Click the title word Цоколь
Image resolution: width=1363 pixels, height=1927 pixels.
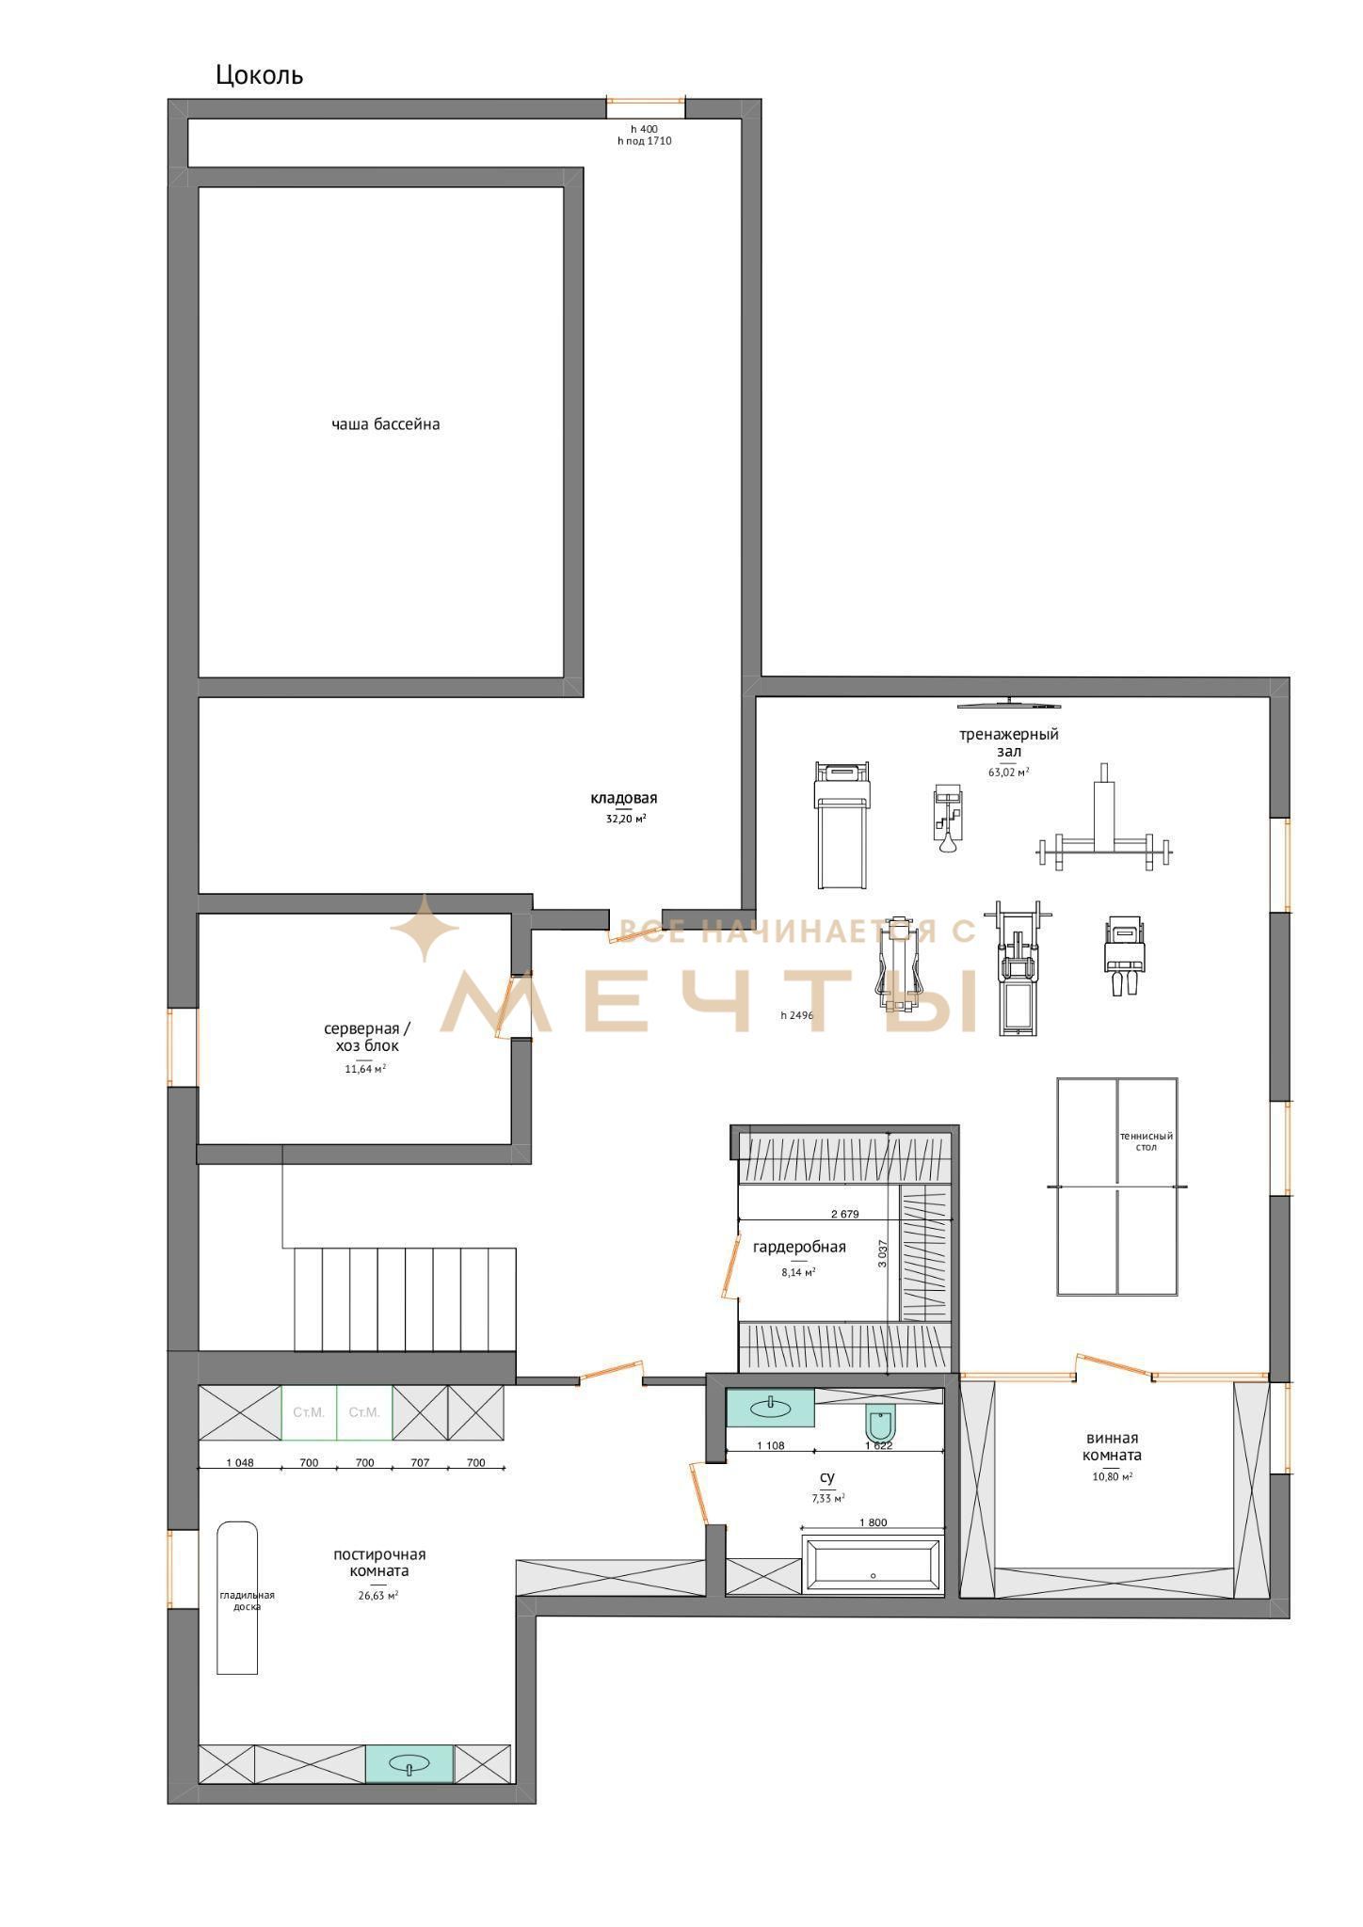[x=259, y=75]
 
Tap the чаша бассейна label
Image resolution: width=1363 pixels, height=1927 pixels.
[x=386, y=424]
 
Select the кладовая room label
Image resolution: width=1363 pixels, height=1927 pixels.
[x=624, y=798]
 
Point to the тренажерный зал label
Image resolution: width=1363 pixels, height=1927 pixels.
[x=1009, y=742]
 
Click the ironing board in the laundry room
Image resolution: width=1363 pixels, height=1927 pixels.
[x=237, y=1598]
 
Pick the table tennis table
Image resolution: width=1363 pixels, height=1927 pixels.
[x=1117, y=1187]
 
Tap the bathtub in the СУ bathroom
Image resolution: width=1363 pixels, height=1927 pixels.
[x=873, y=1567]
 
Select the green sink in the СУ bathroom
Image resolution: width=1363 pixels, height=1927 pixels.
[x=770, y=1408]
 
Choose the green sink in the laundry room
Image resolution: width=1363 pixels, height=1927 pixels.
[x=409, y=1763]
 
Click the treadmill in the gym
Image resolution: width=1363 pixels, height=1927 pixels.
[x=842, y=825]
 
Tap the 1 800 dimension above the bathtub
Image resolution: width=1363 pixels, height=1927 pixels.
[x=873, y=1522]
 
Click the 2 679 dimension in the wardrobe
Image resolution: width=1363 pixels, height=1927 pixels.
[x=844, y=1214]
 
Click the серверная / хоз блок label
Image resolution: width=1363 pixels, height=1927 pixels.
[x=367, y=1037]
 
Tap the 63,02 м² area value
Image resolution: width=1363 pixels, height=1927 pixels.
[x=1008, y=772]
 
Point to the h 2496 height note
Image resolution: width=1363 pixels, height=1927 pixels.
[x=796, y=1015]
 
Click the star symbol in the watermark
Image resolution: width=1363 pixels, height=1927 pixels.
[x=425, y=928]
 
